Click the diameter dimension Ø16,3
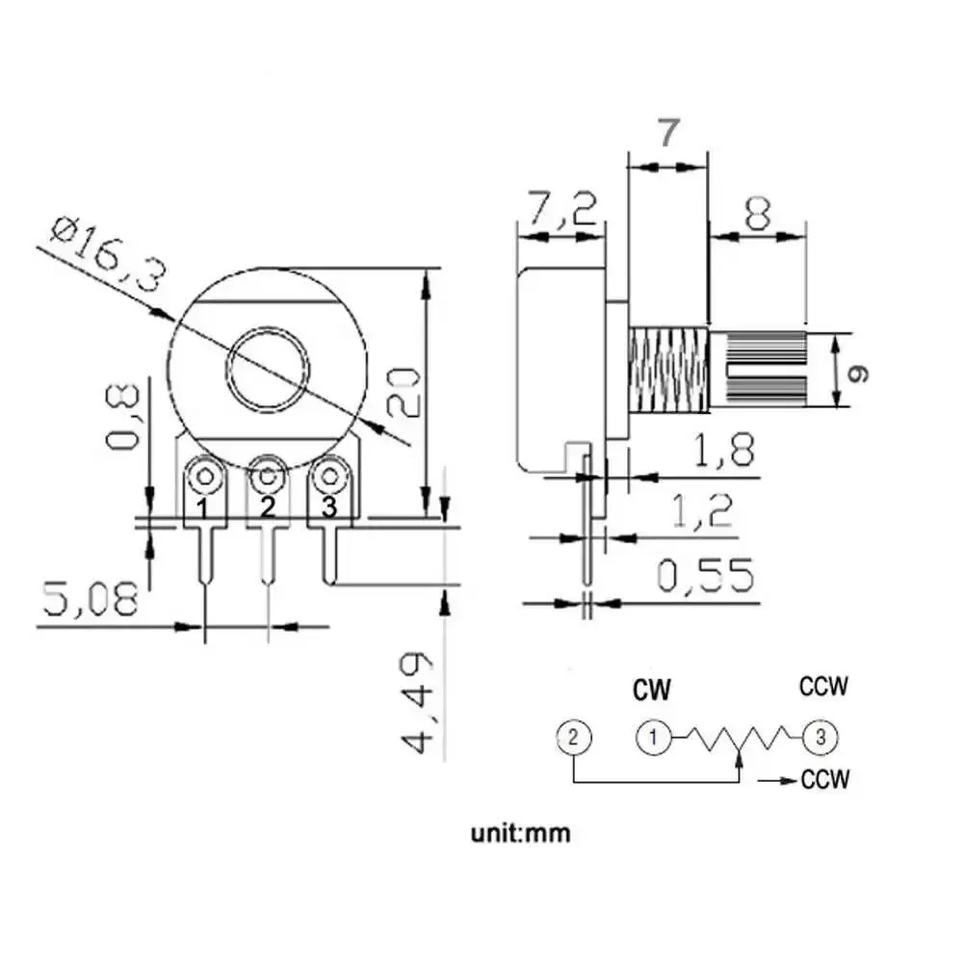108,253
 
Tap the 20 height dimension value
403,392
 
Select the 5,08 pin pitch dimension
91,599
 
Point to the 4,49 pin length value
418,703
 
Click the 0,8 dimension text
123,416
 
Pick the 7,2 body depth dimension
562,209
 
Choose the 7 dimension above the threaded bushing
669,133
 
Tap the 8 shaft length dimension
757,213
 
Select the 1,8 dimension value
723,449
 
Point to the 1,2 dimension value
703,510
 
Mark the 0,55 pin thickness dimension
705,576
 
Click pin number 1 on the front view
202,508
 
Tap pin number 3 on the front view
329,508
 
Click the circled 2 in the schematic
574,737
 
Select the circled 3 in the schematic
820,737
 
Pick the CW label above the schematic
652,690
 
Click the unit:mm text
521,833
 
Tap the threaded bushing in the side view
669,370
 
